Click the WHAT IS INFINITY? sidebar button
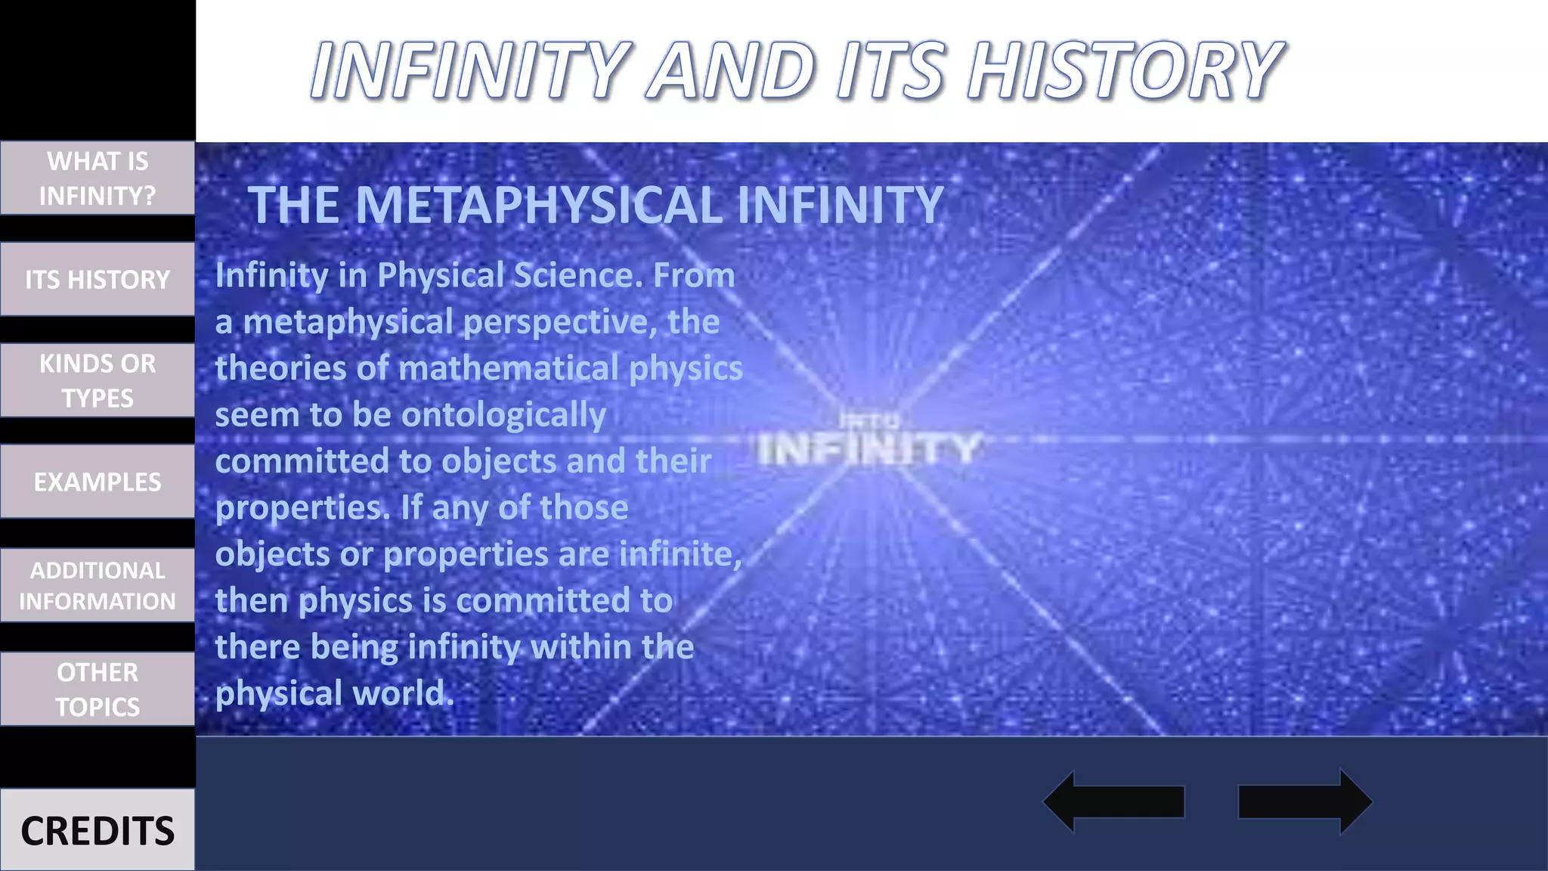pyautogui.click(x=98, y=178)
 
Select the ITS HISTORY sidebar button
pyautogui.click(x=98, y=279)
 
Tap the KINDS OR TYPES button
pyautogui.click(x=98, y=380)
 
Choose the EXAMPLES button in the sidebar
pyautogui.click(x=98, y=482)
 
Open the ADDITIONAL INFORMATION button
pyautogui.click(x=98, y=585)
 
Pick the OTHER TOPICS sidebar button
pyautogui.click(x=98, y=689)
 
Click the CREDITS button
pyautogui.click(x=98, y=830)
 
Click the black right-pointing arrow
pyautogui.click(x=1305, y=801)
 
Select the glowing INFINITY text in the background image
pyautogui.click(x=869, y=449)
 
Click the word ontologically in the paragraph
pyautogui.click(x=503, y=414)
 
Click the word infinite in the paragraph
pyautogui.click(x=680, y=553)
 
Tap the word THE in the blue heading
pyautogui.click(x=293, y=205)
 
